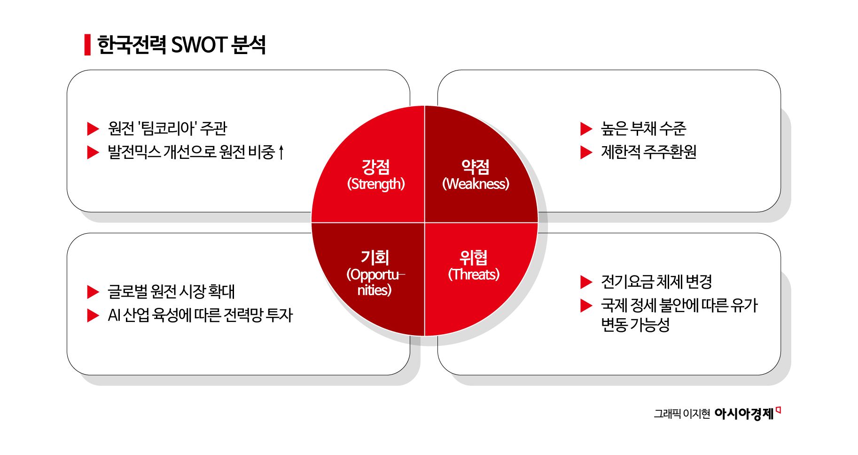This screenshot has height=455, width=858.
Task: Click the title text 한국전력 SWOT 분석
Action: tap(181, 45)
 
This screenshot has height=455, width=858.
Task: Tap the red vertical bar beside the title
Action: tap(87, 45)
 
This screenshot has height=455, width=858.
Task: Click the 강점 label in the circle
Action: tap(375, 166)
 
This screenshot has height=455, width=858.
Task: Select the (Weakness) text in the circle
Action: tap(476, 184)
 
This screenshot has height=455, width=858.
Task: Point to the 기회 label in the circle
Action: tap(374, 257)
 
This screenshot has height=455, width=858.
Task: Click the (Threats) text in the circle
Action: tap(474, 274)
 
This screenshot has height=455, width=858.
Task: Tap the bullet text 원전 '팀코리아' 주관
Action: tap(167, 128)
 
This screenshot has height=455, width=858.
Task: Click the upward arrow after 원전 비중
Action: tap(281, 152)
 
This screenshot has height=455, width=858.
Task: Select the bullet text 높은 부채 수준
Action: tap(643, 128)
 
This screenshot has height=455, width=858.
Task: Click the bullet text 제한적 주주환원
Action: tap(648, 152)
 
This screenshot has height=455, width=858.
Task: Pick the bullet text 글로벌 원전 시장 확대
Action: tap(171, 291)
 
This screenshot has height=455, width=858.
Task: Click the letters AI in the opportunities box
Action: tap(114, 315)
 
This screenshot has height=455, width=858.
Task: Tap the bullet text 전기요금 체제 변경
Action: tap(656, 282)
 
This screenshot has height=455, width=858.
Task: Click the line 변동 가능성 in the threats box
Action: tap(635, 325)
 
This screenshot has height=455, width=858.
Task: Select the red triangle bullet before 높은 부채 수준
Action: tap(585, 129)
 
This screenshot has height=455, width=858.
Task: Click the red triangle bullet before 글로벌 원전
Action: tap(93, 292)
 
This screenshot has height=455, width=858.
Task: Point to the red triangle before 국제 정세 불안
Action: tap(585, 306)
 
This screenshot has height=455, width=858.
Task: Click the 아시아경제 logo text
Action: tap(744, 414)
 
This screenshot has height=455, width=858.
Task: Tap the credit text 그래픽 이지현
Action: tap(682, 414)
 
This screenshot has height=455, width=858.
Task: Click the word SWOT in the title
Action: tap(199, 45)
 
